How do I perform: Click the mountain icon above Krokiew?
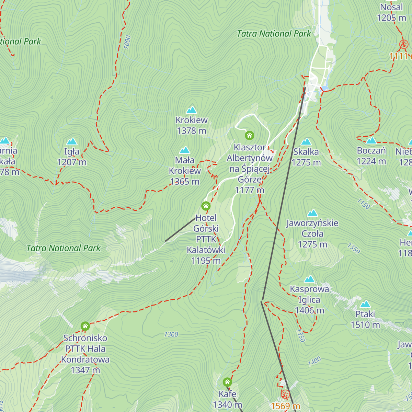tap(192, 110)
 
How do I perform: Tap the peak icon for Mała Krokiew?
tap(185, 150)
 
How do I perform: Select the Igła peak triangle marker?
tap(72, 141)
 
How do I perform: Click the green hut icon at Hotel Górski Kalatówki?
tap(206, 206)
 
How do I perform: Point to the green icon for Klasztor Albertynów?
tap(250, 136)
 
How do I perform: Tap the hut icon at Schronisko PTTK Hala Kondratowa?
tap(85, 326)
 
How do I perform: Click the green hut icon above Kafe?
tap(227, 382)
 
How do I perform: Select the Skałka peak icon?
tap(306, 142)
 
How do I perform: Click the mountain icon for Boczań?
tap(371, 141)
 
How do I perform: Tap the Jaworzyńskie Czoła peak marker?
tap(312, 213)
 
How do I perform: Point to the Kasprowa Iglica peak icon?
tap(309, 279)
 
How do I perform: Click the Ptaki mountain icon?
tap(365, 304)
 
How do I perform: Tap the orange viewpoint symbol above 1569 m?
tap(285, 394)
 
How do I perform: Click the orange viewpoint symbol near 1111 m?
tap(404, 44)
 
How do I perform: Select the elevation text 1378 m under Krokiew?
tap(192, 131)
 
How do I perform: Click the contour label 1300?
tap(171, 334)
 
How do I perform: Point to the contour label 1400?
tap(314, 361)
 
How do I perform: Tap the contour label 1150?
tap(363, 204)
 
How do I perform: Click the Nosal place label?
tap(391, 7)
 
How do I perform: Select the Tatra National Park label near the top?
tap(274, 34)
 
